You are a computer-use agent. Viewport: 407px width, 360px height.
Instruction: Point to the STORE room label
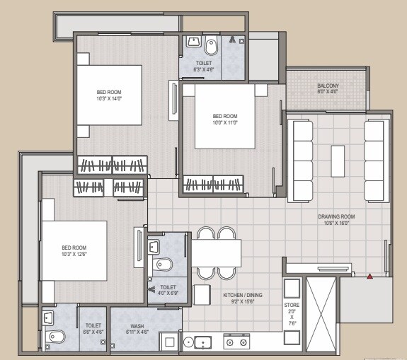click(292, 305)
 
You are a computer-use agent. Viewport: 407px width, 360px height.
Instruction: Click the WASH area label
click(137, 326)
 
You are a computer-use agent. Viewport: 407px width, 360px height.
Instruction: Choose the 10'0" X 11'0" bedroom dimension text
click(224, 123)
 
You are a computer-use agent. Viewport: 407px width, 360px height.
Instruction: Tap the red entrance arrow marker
click(370, 274)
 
